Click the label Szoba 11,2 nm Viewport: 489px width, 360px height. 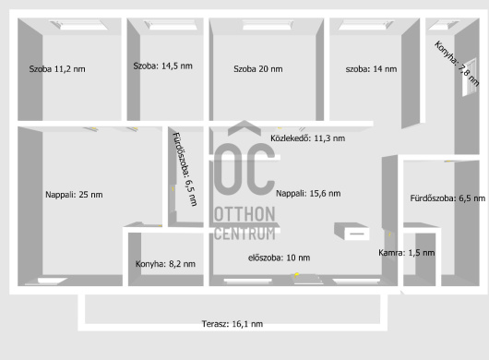57,69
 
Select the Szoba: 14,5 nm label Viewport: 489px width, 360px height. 162,66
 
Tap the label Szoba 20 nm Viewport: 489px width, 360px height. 258,69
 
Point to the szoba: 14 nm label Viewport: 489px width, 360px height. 371,69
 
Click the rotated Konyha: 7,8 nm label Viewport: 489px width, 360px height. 457,64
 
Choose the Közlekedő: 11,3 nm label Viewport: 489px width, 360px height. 308,138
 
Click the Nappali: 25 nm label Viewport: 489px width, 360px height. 74,195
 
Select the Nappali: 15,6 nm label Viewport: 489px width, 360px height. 308,194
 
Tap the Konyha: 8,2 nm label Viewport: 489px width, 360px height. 165,264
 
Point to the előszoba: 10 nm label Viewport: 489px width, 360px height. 280,258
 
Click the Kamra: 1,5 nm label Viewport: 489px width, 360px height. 406,253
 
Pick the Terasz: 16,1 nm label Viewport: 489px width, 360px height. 233,324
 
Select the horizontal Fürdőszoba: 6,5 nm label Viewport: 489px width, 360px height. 447,198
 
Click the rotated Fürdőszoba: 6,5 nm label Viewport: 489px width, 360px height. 185,170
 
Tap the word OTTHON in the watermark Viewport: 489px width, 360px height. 244,214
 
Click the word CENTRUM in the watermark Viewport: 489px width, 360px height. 244,234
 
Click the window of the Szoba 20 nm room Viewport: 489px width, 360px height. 268,25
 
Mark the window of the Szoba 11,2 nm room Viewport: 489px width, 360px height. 79,25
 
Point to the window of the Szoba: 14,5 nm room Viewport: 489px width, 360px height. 171,25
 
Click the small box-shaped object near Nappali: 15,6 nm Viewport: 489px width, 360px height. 352,231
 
